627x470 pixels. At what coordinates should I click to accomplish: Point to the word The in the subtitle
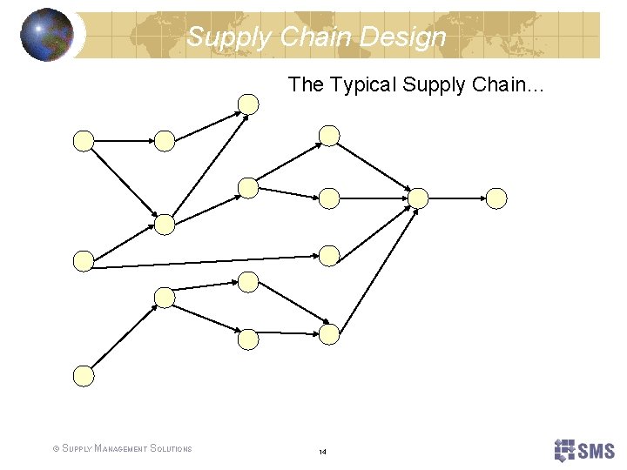click(x=305, y=84)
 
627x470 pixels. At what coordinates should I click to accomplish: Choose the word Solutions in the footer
click(x=171, y=449)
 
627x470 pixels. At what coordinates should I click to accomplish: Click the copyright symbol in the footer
click(x=56, y=449)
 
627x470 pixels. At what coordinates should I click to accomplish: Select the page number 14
click(x=322, y=452)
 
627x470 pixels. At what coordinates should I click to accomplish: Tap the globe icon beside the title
click(x=47, y=35)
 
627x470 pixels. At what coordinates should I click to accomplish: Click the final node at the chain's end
click(x=496, y=198)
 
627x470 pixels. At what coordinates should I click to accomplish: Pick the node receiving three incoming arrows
click(x=418, y=198)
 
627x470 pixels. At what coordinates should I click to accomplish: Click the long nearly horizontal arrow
click(x=205, y=262)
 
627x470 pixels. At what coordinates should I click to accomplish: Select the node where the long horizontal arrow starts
click(x=83, y=260)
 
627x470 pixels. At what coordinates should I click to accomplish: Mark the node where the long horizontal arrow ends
click(x=328, y=255)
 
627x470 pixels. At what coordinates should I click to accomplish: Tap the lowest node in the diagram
click(x=83, y=375)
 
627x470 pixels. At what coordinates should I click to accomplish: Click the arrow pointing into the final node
click(x=456, y=198)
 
